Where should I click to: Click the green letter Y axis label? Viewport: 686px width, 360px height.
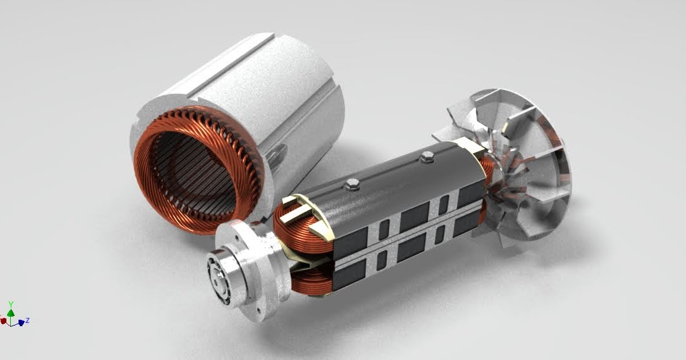[11, 304]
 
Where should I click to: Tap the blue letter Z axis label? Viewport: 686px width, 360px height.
[29, 320]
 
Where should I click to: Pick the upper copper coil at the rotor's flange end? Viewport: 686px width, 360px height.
[300, 220]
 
